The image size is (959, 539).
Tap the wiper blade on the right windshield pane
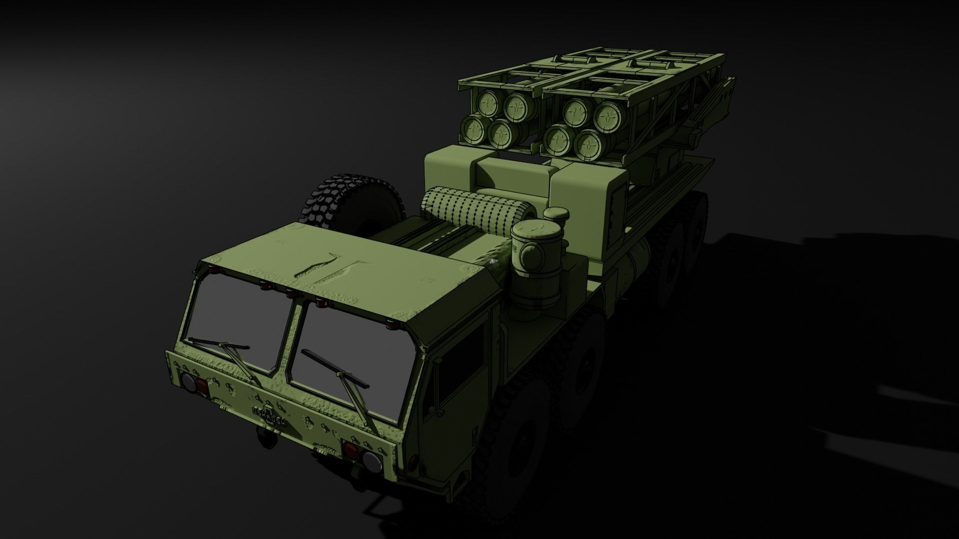tap(335, 368)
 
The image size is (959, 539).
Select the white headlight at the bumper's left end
tap(189, 383)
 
